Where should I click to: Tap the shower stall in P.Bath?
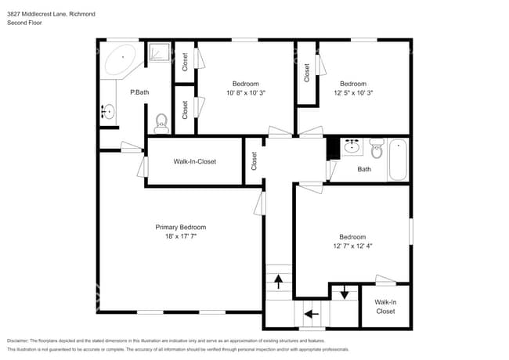(x=160, y=52)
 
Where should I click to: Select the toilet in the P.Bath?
(x=161, y=121)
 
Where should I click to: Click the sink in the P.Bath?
(x=106, y=113)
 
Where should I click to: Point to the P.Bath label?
(x=139, y=92)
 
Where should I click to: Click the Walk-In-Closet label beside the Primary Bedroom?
(x=194, y=161)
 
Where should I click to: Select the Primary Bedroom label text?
(x=181, y=227)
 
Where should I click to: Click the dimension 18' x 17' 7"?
(x=181, y=236)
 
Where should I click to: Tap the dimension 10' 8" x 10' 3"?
(x=245, y=92)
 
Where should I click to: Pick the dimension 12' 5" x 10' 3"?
(x=352, y=92)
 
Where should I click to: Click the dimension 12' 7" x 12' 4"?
(x=352, y=246)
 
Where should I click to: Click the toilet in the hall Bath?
(x=376, y=148)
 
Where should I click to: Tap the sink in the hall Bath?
(x=352, y=146)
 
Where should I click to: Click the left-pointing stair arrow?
(x=311, y=314)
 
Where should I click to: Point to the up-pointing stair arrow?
(x=278, y=282)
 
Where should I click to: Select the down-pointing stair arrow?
(x=344, y=293)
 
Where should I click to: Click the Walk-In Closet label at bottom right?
(x=385, y=306)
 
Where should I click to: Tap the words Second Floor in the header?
(x=24, y=23)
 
